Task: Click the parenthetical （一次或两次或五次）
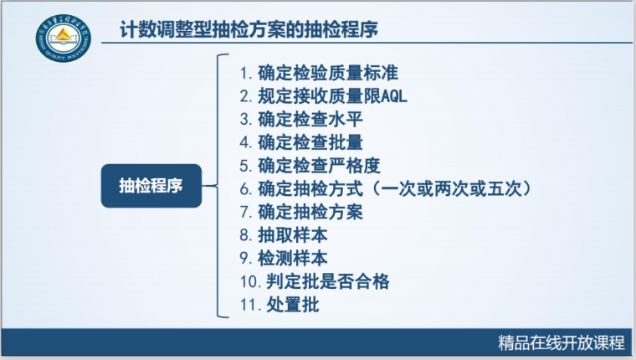(x=454, y=188)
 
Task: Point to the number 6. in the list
(x=245, y=189)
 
